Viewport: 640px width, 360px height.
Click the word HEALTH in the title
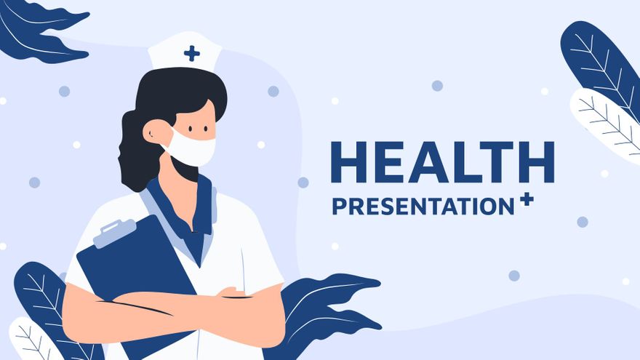441,162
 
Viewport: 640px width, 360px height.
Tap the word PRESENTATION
423,206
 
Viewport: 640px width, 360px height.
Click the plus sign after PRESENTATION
527,199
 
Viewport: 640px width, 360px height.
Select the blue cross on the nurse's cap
192,53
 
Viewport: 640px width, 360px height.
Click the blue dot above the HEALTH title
437,86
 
